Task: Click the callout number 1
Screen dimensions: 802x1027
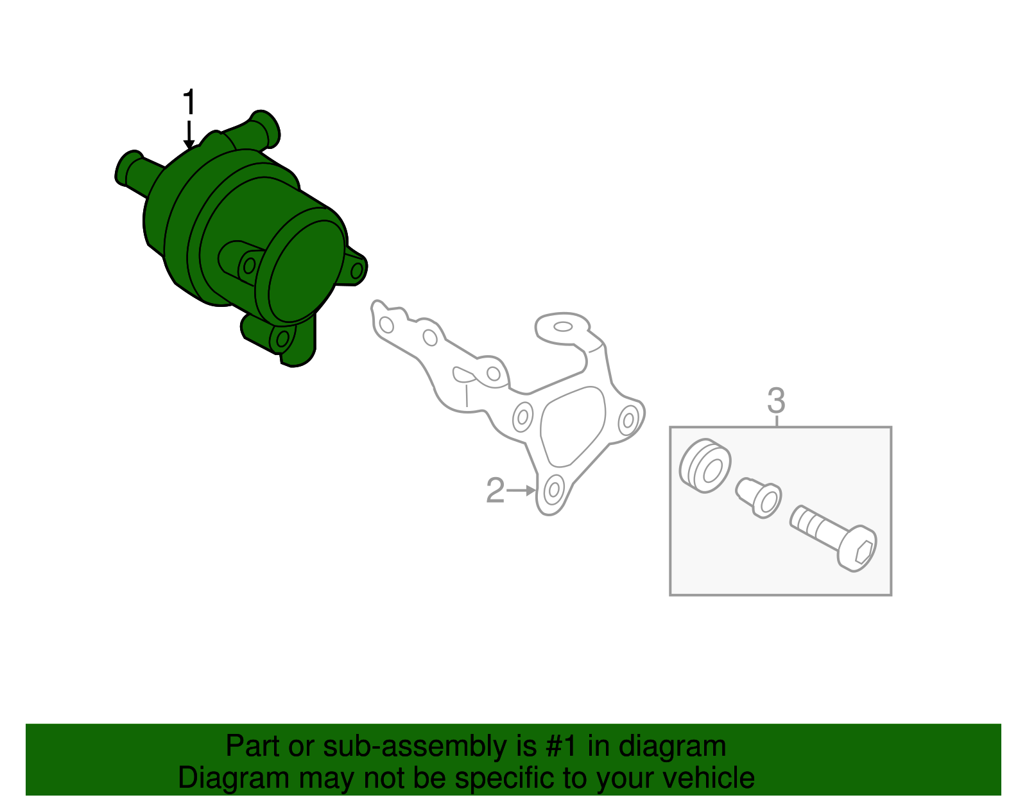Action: click(x=188, y=103)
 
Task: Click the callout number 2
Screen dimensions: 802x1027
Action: click(x=495, y=491)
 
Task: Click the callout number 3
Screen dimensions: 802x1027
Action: click(x=776, y=401)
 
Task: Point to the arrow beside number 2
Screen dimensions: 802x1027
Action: click(x=521, y=491)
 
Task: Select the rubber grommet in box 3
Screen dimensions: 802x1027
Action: click(x=705, y=466)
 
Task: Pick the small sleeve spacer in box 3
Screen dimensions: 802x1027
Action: click(x=759, y=497)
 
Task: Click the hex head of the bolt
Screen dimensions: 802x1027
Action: click(x=858, y=550)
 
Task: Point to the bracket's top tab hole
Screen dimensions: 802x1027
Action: click(x=563, y=327)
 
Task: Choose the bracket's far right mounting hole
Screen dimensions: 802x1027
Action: click(x=628, y=421)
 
